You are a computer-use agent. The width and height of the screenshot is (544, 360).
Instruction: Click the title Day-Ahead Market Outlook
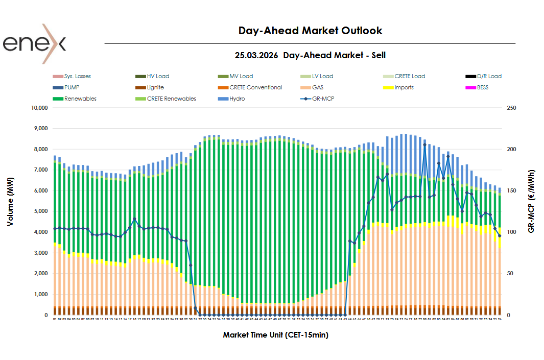pos(310,31)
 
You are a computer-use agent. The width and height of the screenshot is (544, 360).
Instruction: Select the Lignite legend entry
pos(155,87)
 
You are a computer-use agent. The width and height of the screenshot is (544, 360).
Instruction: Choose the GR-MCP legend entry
pos(323,99)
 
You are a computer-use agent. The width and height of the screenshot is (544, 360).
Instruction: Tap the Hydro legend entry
pos(237,99)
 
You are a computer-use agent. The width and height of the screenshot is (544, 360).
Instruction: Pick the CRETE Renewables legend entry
pos(171,99)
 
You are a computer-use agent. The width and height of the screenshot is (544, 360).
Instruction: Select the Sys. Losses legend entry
pos(77,76)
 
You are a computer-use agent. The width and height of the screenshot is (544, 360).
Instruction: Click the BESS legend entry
pos(482,87)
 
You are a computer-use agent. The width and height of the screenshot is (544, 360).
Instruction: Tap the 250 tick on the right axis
pos(511,108)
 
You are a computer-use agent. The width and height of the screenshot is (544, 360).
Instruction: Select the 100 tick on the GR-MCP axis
pos(511,232)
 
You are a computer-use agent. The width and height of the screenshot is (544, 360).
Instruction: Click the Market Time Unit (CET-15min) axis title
pos(275,335)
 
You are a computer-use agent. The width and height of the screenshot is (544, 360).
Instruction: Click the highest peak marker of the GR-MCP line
pos(424,145)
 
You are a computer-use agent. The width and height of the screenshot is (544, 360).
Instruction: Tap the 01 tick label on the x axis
pos(55,319)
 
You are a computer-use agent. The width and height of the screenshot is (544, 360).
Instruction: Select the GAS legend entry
pos(317,87)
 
